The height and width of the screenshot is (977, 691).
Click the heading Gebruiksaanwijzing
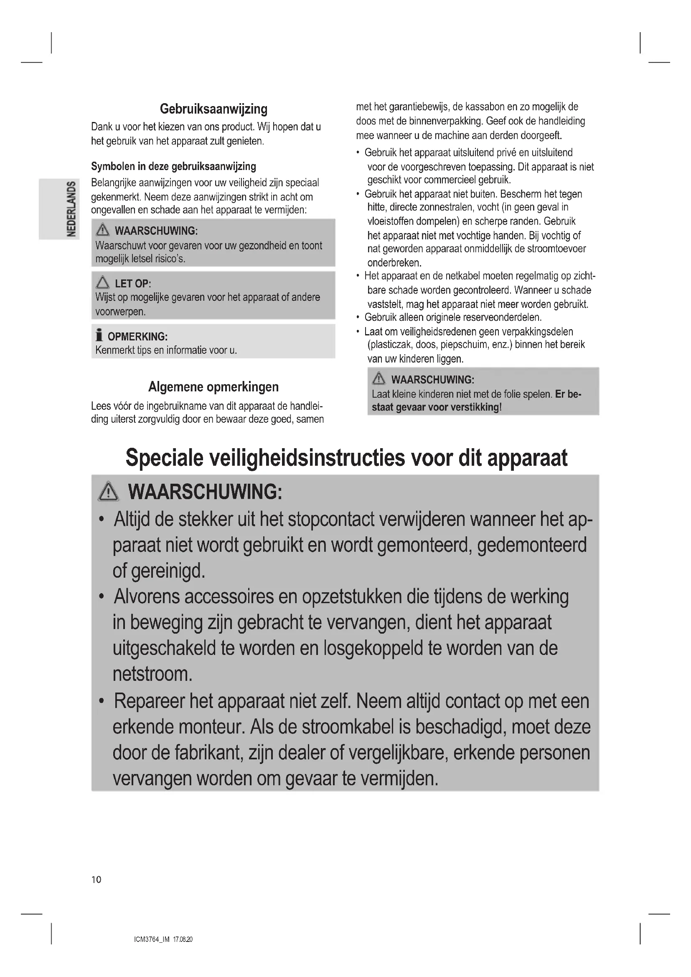point(213,109)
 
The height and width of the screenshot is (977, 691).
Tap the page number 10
point(97,880)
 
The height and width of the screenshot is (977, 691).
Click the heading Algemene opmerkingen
point(213,387)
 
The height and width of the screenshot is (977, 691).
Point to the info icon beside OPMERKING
point(99,335)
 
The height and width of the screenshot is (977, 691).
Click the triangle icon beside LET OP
point(102,282)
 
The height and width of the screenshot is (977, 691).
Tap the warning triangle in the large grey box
point(109,492)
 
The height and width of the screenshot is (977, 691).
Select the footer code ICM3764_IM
point(152,939)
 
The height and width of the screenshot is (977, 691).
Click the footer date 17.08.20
point(183,939)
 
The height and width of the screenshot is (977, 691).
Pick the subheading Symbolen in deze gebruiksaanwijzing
point(174,166)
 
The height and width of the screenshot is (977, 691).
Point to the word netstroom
point(152,675)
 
